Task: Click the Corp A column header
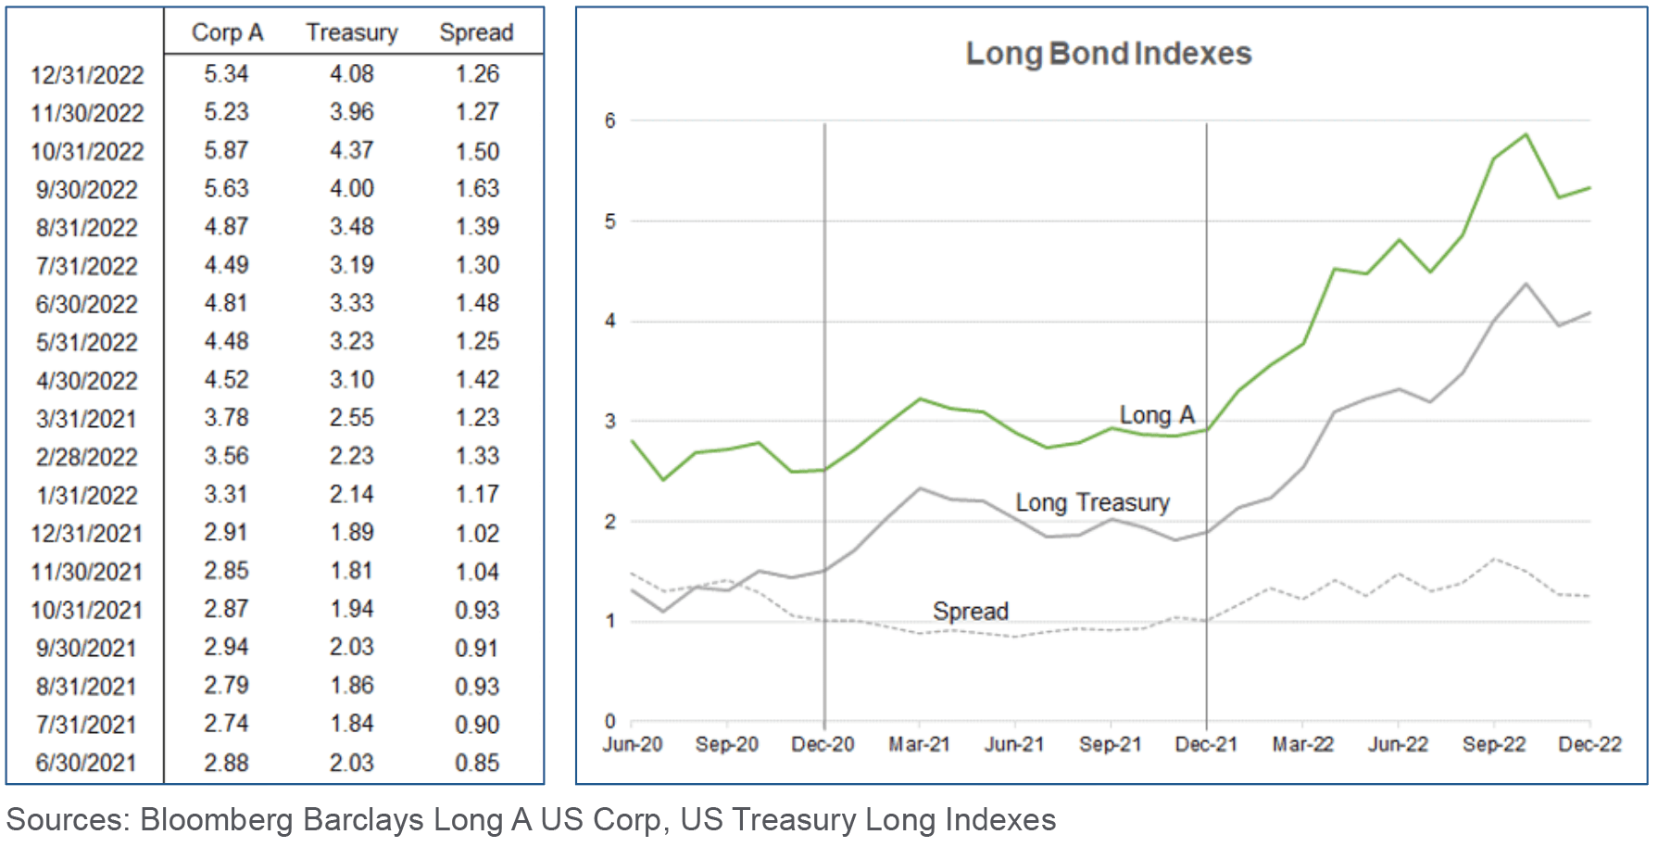227,32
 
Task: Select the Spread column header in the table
476,32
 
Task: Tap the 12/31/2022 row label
87,75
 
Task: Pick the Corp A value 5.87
226,150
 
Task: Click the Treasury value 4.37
352,150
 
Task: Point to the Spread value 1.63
477,188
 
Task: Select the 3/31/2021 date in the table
86,419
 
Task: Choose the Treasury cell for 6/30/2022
352,303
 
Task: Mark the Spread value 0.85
477,763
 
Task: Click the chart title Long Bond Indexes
1108,54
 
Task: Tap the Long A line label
1157,415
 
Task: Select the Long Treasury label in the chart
1092,502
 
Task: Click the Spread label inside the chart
970,612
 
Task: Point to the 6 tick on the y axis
609,120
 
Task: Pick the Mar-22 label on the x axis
1302,744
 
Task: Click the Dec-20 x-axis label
823,744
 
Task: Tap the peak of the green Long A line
1526,135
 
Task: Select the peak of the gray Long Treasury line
1526,284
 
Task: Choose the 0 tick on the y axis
609,721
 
